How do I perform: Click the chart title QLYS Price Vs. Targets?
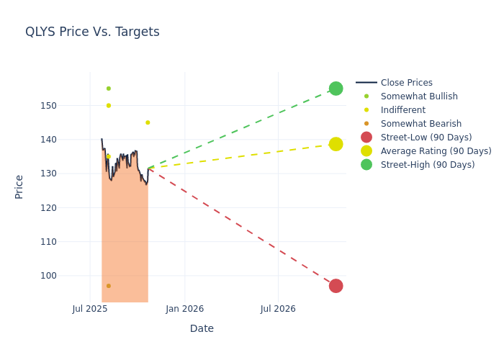tap(92, 32)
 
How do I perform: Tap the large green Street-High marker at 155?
tap(336, 89)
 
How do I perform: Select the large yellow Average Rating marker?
tap(336, 144)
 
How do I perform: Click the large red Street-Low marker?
tap(336, 286)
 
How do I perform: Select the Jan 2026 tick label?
tap(184, 309)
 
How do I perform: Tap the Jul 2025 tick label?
tap(90, 309)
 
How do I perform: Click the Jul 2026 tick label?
tap(278, 309)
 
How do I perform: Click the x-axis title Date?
tap(202, 329)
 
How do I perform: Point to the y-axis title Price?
tap(19, 186)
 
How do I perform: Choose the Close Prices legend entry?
tap(406, 83)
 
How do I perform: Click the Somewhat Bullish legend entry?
tap(419, 96)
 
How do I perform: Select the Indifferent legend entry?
tap(402, 110)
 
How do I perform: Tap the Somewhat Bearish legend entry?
tap(420, 124)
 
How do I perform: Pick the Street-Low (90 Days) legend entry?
tap(426, 138)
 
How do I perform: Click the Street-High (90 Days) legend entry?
tap(428, 165)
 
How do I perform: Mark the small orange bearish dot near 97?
tap(109, 286)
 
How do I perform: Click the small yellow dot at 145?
tap(148, 122)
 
